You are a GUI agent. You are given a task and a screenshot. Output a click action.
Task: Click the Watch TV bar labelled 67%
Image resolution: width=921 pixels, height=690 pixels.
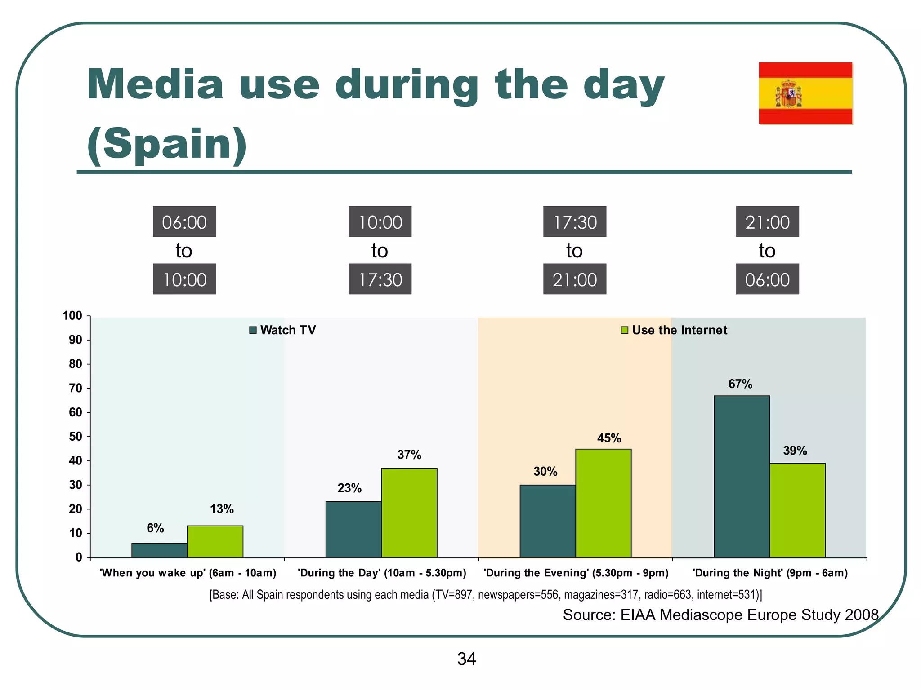(x=742, y=476)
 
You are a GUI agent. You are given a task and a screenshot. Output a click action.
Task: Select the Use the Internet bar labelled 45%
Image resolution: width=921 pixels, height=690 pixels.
(x=603, y=503)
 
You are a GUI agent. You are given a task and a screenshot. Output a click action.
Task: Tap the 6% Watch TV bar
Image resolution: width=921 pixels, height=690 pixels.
(x=159, y=550)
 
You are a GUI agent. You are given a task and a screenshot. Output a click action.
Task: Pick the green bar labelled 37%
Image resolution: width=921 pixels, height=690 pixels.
(x=409, y=513)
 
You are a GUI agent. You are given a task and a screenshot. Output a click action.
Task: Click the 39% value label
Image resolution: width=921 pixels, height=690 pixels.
(x=795, y=451)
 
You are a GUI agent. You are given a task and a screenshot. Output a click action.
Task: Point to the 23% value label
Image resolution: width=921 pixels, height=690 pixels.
(x=349, y=488)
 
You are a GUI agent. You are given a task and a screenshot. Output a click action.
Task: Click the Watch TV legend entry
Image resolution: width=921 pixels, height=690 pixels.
(x=283, y=330)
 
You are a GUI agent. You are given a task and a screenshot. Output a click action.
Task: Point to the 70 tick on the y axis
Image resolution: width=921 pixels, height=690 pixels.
(x=76, y=388)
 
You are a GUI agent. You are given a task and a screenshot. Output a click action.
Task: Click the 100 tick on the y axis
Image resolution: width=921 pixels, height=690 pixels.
(x=72, y=316)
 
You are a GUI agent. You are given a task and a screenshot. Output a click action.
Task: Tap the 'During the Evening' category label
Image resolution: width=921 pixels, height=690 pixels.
(x=576, y=573)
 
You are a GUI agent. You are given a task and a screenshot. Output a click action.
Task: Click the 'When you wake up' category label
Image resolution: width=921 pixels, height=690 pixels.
(x=188, y=573)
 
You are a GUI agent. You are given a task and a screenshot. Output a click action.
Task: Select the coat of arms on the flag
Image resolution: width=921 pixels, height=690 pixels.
(x=788, y=94)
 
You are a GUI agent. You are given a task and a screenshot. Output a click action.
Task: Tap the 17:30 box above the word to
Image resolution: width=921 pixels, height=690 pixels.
(x=574, y=222)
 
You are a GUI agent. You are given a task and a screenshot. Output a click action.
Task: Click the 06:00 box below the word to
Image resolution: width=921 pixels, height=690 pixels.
(x=767, y=279)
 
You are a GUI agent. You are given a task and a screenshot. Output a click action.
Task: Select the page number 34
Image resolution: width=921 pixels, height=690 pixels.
(x=466, y=659)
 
